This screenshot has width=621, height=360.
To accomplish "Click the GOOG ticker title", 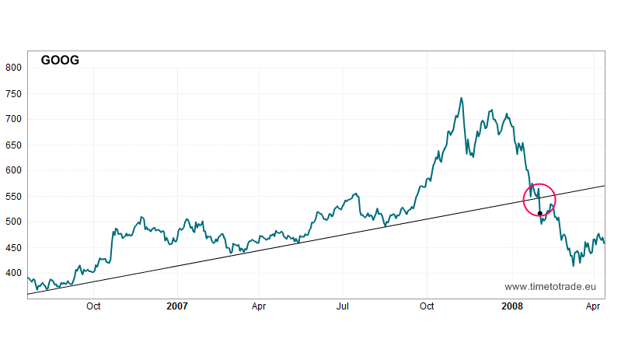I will pos(60,60).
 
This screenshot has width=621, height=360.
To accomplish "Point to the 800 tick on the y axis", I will pos(13,68).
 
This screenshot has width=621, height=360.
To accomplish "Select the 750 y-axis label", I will pos(13,93).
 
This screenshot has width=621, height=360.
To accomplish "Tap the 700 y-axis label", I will pos(13,119).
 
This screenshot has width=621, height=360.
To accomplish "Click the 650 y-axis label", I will pos(13,145).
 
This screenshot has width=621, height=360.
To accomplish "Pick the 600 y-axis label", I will pos(13,170).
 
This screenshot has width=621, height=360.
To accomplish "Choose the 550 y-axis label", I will pos(13,196).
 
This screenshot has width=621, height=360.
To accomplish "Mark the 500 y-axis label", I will pos(13,222).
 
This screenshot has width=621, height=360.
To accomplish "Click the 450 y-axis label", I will pos(13,247).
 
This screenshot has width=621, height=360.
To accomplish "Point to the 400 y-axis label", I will pos(13,273).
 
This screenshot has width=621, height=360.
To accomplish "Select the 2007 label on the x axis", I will pos(178,306).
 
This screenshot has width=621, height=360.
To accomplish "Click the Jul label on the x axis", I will pos(343,306).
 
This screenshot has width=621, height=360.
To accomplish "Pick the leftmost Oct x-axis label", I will pos(94,306).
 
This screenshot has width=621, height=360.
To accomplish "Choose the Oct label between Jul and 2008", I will pos(427,306).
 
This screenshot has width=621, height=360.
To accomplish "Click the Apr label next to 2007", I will pos(260,306).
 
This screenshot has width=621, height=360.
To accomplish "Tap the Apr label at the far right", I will pos(593,306).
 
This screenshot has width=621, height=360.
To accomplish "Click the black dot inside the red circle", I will pos(540,213).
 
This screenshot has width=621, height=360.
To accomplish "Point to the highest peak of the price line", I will pos(462,98).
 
